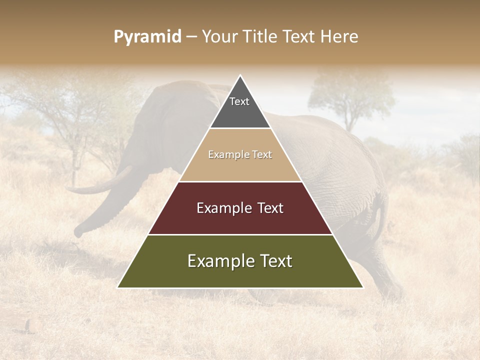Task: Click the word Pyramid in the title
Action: tap(147, 37)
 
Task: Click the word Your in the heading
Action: tap(218, 36)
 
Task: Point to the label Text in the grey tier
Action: tap(239, 101)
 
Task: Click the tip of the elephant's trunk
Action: tap(79, 232)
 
